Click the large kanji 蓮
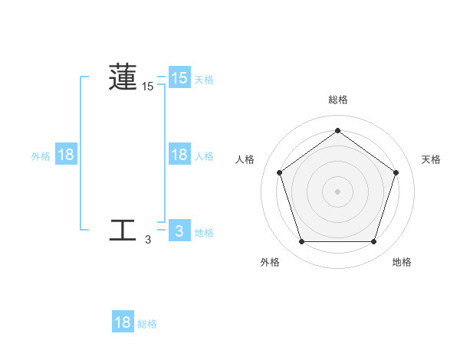[x=123, y=77]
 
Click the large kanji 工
[x=123, y=230]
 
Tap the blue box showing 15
[x=179, y=77]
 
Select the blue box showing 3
[x=179, y=231]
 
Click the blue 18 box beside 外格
[x=66, y=155]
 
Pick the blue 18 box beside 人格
[x=179, y=154]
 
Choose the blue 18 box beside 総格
[x=123, y=322]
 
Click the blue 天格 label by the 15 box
[x=204, y=79]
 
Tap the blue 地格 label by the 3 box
[x=204, y=232]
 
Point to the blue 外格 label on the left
[x=41, y=155]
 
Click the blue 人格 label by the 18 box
[x=204, y=155]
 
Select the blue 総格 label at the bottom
[x=147, y=324]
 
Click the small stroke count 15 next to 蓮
[x=148, y=87]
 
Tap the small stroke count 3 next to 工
[x=148, y=240]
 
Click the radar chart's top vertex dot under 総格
[x=337, y=131]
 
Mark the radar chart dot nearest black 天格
[x=396, y=172]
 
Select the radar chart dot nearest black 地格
[x=373, y=242]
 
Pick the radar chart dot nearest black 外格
[x=301, y=242]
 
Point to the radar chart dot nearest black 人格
[x=279, y=172]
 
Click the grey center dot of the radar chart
[x=337, y=191]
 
